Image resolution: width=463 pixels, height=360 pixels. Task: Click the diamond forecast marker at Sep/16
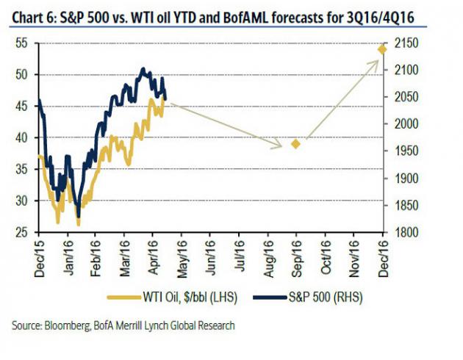(295, 144)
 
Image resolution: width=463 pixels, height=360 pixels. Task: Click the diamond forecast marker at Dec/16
(382, 49)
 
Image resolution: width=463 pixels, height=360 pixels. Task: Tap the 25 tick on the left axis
(22, 232)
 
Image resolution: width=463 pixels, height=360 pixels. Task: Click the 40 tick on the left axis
(22, 138)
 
